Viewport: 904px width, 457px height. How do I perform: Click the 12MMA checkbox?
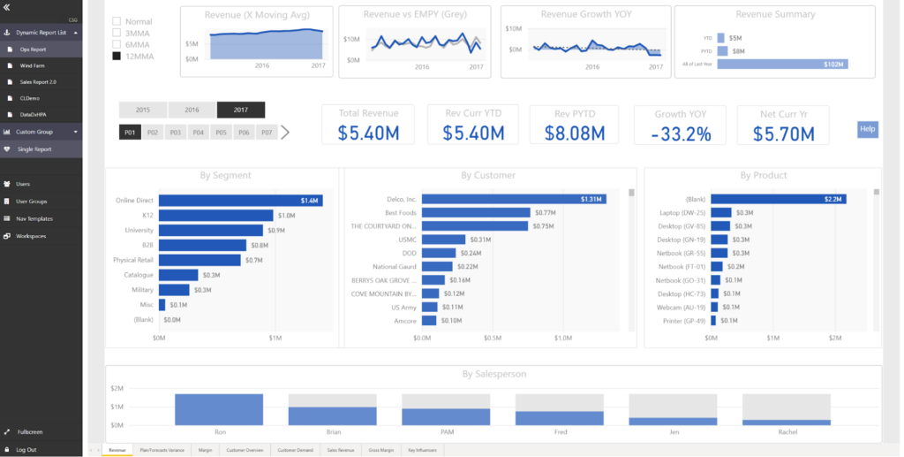[117, 57]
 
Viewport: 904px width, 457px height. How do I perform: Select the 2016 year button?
[192, 110]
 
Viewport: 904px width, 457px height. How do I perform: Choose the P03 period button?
[175, 133]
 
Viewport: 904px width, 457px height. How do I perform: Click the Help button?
[867, 129]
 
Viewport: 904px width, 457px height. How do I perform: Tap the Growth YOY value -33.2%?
[680, 133]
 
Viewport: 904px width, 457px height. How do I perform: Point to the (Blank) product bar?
[778, 200]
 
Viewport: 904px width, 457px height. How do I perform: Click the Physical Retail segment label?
[132, 260]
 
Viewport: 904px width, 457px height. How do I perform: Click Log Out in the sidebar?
[26, 449]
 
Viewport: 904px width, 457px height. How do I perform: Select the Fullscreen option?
[29, 432]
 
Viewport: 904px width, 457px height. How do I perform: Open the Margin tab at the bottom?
[205, 451]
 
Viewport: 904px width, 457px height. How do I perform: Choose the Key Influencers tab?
[423, 451]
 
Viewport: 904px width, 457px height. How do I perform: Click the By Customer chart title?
[487, 175]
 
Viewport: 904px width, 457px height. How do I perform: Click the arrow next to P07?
[285, 133]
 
